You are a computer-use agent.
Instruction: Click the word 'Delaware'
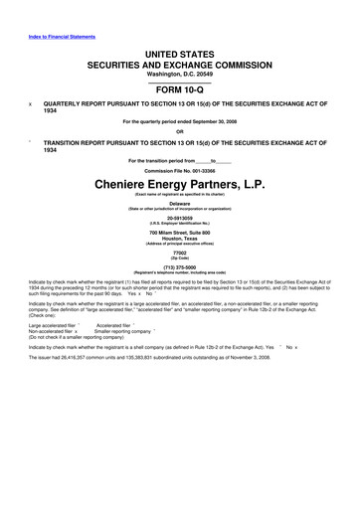pyautogui.click(x=180, y=203)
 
